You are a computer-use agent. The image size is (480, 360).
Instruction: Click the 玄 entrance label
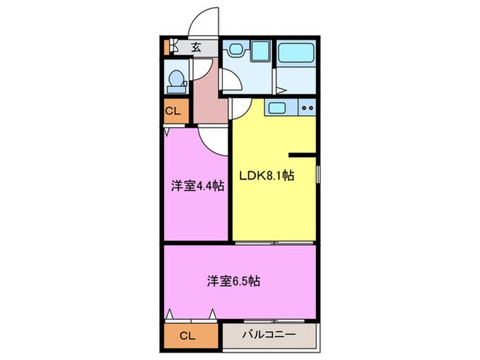coord(196,47)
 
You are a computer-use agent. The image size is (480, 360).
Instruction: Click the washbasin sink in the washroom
coord(236,49)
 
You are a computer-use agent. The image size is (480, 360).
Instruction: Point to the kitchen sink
coord(278,107)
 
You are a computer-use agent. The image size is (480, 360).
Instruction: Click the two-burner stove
coord(307,107)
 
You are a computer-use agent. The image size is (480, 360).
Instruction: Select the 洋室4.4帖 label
coord(197,184)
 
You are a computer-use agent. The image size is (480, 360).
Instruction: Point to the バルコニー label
coord(269,335)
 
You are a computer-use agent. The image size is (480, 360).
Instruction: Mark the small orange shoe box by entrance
coord(165,47)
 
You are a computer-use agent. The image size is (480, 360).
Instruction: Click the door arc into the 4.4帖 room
coord(215,141)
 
